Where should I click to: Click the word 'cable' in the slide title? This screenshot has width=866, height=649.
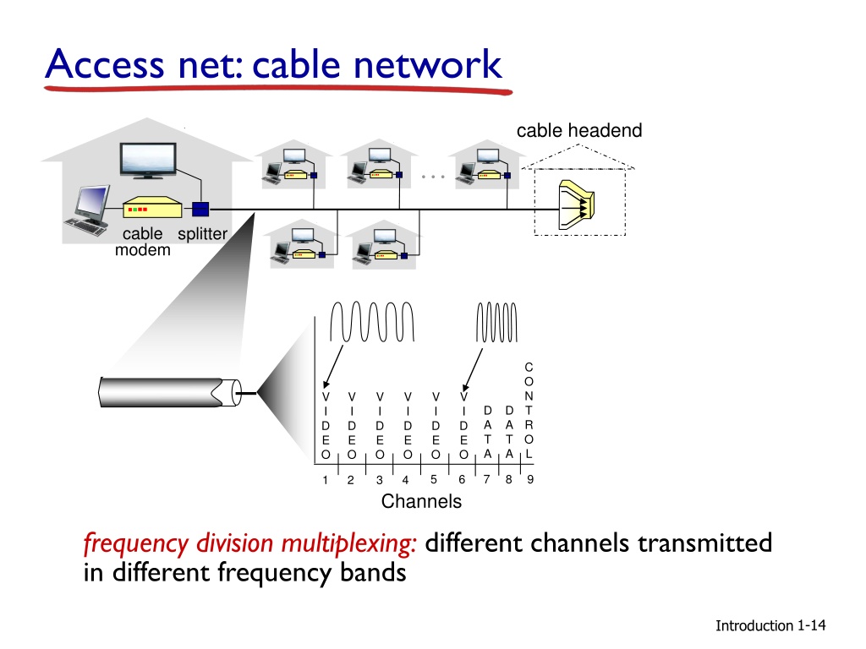(297, 64)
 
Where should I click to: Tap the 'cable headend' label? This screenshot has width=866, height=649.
(579, 131)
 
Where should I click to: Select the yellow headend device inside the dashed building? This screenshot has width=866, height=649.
(576, 205)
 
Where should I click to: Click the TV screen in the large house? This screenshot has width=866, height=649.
(148, 160)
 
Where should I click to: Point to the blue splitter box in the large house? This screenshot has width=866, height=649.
(200, 210)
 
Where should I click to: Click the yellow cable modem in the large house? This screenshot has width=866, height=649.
(152, 208)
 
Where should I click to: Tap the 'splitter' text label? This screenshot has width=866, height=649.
(202, 234)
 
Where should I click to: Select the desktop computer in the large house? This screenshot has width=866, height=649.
(88, 210)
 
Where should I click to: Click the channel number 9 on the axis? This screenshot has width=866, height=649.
(530, 480)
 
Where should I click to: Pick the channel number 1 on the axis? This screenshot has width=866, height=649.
(326, 480)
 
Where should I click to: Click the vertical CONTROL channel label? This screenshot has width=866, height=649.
(529, 411)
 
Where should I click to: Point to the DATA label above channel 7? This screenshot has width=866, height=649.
(488, 432)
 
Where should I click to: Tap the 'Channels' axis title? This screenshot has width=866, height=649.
(421, 501)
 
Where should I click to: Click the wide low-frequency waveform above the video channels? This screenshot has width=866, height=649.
(372, 321)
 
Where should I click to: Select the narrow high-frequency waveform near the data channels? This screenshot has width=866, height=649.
(496, 322)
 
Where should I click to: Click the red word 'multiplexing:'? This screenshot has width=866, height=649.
(348, 544)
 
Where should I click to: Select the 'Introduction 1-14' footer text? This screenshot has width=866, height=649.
(770, 625)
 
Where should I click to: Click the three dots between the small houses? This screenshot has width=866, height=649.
(433, 177)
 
